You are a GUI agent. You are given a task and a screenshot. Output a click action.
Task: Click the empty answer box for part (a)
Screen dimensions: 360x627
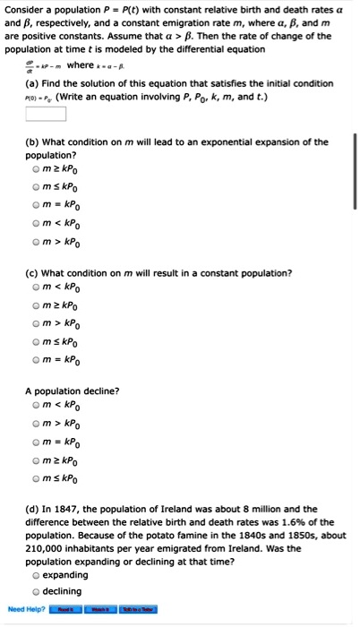(46, 114)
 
